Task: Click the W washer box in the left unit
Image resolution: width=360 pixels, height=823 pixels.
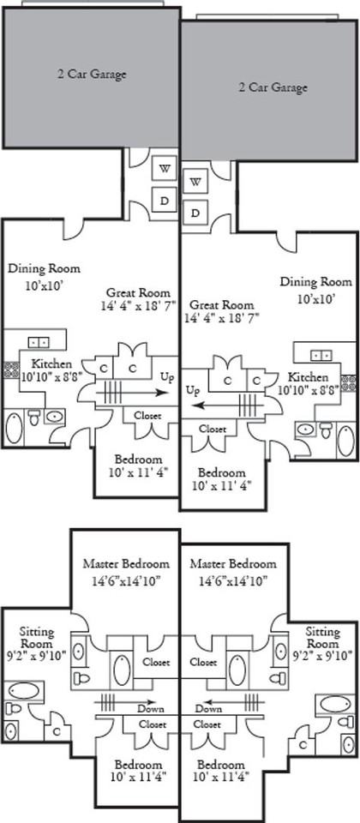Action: click(164, 169)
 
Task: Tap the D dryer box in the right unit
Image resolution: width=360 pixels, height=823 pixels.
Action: click(195, 213)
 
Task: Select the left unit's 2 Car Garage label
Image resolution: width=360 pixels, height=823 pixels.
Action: click(92, 74)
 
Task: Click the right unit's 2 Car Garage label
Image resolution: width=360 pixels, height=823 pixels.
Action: click(273, 87)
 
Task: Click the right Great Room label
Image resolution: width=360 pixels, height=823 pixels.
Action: click(221, 304)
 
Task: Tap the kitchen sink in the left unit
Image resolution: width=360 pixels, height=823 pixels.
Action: click(39, 342)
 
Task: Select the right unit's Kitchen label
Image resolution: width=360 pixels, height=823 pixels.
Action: click(308, 377)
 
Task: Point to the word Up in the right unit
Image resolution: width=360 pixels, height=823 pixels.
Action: click(193, 391)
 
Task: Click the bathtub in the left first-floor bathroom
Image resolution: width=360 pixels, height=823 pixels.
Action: click(15, 428)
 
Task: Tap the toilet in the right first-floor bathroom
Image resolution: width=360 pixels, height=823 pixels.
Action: click(326, 430)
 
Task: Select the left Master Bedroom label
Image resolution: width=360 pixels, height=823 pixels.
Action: click(127, 564)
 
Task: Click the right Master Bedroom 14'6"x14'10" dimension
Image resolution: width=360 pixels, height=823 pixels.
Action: click(233, 581)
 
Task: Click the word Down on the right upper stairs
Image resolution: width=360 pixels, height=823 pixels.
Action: click(209, 709)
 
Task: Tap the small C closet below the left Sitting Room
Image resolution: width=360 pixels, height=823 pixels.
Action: click(57, 730)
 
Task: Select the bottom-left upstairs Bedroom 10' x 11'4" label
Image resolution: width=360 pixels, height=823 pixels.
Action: click(139, 771)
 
